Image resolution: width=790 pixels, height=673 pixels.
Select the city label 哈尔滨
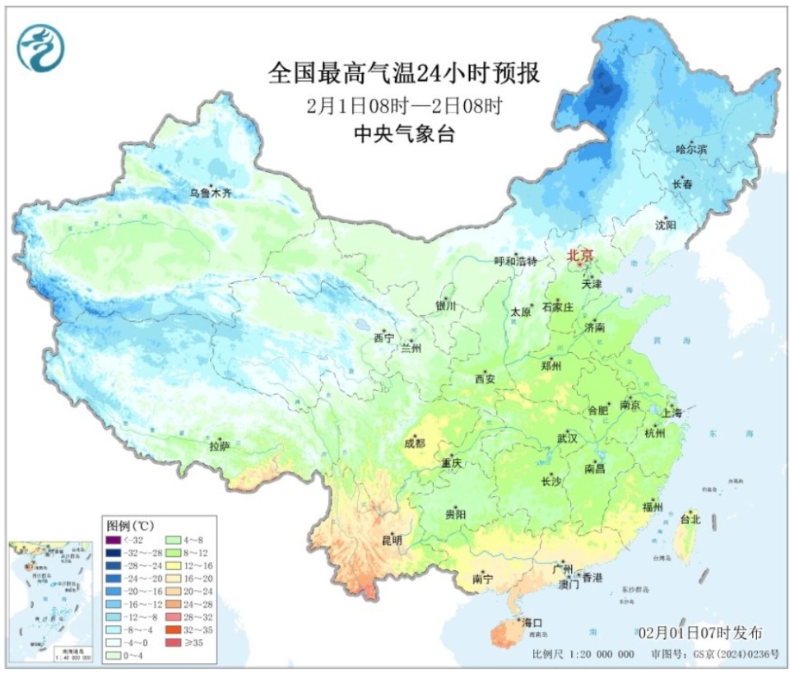tap(691, 149)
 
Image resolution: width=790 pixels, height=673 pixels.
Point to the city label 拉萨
tap(219, 446)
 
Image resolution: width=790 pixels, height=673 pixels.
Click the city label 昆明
tap(392, 541)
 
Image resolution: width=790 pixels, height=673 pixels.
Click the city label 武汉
tap(567, 439)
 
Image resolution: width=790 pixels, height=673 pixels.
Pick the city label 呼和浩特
tap(514, 261)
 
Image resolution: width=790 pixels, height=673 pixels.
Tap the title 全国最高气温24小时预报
tap(404, 74)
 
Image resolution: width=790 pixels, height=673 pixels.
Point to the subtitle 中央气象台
tap(404, 136)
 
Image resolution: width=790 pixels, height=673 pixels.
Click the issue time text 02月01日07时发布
tap(699, 633)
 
